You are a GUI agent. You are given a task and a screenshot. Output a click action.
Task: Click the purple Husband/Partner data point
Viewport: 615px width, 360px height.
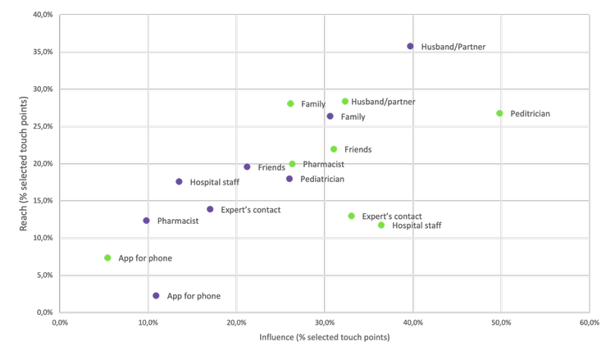(411, 47)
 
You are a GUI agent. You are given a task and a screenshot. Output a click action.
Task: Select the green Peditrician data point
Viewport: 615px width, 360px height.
(499, 113)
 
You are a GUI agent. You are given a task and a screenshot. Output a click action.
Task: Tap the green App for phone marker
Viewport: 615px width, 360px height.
(107, 258)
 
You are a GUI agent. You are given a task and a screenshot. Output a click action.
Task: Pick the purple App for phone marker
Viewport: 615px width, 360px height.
(156, 296)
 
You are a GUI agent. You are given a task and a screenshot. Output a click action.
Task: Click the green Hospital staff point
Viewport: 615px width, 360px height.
(381, 226)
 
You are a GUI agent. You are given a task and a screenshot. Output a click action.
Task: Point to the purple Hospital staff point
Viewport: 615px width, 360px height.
(179, 182)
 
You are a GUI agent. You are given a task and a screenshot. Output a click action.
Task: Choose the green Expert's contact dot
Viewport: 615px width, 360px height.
(352, 216)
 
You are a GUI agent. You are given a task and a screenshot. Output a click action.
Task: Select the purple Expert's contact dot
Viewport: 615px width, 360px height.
(210, 210)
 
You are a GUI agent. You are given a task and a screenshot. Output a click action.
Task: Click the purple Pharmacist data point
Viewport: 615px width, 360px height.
(147, 221)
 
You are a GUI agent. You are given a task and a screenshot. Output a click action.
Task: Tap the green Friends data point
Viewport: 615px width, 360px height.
(334, 149)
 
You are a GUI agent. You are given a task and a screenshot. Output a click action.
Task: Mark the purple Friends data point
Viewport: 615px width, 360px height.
(247, 167)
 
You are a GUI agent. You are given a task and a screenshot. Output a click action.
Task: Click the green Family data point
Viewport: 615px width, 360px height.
(290, 104)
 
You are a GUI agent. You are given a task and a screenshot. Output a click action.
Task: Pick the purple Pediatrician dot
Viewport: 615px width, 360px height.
(289, 179)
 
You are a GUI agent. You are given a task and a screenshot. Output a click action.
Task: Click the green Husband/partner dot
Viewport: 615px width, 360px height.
(345, 102)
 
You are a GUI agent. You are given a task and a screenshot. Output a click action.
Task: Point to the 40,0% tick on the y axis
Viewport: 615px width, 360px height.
(43, 15)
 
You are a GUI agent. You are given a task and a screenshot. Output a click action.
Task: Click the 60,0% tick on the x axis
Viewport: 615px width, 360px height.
(589, 324)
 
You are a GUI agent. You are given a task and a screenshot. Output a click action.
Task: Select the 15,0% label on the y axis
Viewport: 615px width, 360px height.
(43, 201)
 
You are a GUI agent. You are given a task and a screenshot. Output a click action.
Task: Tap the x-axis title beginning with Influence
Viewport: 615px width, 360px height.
(324, 338)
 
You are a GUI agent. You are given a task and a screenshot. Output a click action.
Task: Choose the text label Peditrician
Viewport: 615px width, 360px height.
(530, 113)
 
